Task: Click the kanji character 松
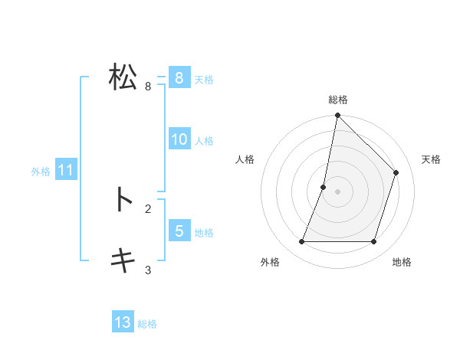[x=123, y=77]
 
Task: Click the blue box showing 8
[x=179, y=78]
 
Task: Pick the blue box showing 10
[x=179, y=139]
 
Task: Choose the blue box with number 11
[x=65, y=170]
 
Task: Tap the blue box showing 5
[x=179, y=231]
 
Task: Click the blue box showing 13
[x=123, y=322]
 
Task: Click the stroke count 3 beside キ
[x=148, y=270]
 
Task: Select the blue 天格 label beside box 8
[x=204, y=79]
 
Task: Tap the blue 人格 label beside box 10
[x=204, y=140]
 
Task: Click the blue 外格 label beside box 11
[x=41, y=172]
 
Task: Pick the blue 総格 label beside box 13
[x=147, y=324]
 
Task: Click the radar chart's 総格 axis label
[x=337, y=100]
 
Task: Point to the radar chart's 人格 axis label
[x=245, y=159]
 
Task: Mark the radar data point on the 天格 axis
[x=396, y=172]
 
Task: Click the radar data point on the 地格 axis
[x=374, y=242]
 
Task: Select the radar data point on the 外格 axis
[x=301, y=242]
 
